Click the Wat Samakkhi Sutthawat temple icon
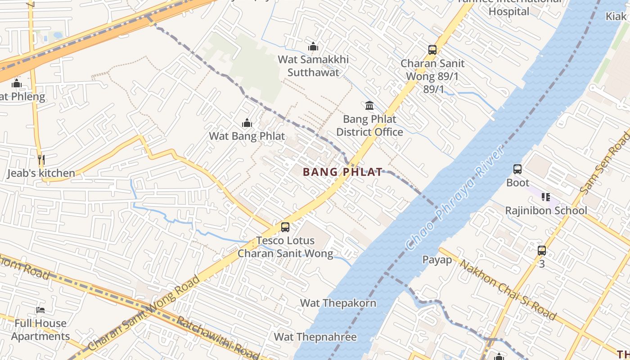[x=313, y=46]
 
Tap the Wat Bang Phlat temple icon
[x=247, y=123]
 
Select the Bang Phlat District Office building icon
[x=369, y=106]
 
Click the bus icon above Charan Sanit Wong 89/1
[x=432, y=50]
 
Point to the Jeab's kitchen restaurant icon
[x=41, y=160]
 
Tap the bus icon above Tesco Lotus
[x=285, y=227]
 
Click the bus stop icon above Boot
[x=517, y=170]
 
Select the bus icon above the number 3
[x=542, y=251]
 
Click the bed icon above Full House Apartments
[x=40, y=310]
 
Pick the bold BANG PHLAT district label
[x=343, y=172]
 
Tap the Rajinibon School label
[x=546, y=211]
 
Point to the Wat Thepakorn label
[x=338, y=303]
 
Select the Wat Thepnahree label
[x=315, y=337]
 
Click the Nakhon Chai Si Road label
[x=507, y=289]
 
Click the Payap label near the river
[x=437, y=260]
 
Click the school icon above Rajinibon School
[x=546, y=197]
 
